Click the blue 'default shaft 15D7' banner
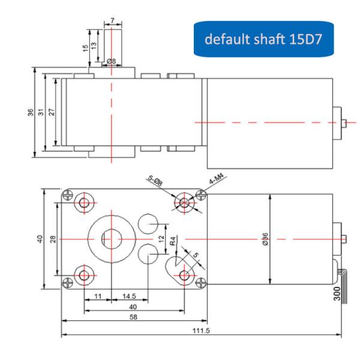263,39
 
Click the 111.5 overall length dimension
201,331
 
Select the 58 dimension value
133,317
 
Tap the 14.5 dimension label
129,296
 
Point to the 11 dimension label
98,296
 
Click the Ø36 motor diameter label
265,239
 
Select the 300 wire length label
337,293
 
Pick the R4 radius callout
173,241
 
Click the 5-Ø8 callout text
155,180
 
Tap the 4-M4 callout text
216,178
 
